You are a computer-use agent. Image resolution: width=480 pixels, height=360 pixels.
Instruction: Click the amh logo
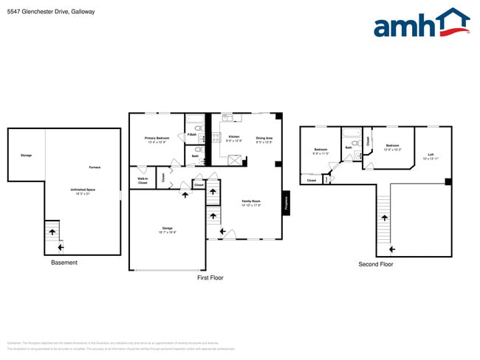tap(421, 24)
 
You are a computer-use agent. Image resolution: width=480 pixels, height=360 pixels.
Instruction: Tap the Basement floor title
tap(64, 263)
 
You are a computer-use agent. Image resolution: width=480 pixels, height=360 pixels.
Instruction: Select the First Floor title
tap(210, 277)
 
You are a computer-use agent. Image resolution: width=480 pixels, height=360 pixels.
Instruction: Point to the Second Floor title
tap(375, 263)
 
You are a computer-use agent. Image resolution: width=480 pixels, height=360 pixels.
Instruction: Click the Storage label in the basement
tap(26, 156)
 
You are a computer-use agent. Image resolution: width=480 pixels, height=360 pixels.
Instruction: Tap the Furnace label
tap(95, 167)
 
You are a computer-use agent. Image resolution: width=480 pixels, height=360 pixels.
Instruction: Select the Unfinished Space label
tap(83, 191)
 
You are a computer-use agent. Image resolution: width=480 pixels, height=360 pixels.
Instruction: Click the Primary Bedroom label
tap(157, 139)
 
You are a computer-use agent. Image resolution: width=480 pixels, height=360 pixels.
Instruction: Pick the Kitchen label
tap(233, 137)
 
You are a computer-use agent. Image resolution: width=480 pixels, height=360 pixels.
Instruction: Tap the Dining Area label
tap(264, 139)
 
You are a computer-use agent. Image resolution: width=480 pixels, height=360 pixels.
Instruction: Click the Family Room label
tap(251, 202)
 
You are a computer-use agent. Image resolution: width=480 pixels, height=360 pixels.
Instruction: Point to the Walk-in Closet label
tap(143, 180)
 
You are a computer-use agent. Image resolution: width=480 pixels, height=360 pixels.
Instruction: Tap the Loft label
tap(431, 156)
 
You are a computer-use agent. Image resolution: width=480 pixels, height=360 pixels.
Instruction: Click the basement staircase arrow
tap(52, 232)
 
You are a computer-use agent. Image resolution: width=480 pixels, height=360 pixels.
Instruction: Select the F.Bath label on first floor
tap(191, 134)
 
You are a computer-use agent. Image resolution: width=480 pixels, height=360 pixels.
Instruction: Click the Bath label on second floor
tap(349, 148)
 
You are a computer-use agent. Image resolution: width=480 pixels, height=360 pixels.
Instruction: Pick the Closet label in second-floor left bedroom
tap(312, 180)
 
